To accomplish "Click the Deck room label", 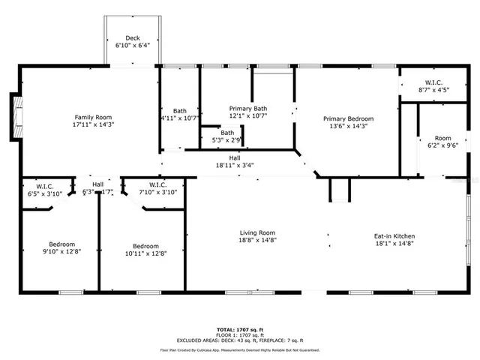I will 133,37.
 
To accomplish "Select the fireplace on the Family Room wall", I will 13,117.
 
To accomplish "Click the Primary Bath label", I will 247,109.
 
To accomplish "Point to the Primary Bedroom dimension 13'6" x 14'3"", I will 348,127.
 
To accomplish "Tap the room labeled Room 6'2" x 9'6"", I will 442,142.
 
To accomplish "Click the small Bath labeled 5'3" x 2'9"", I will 226,136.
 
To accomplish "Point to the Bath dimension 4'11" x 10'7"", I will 179,118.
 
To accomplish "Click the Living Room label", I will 257,237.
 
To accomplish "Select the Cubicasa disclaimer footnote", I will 239,350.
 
